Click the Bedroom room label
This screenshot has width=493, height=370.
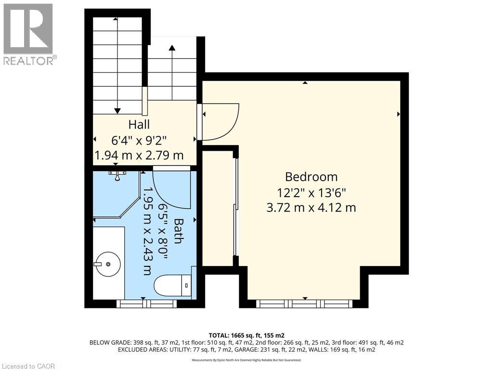click(x=311, y=176)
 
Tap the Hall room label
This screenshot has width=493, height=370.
click(x=139, y=124)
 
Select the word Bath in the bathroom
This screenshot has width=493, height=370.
click(x=178, y=231)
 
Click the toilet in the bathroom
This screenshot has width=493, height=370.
click(x=173, y=286)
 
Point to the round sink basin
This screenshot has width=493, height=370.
click(x=108, y=264)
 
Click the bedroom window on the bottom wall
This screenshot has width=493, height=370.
click(x=304, y=304)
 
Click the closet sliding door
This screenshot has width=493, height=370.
click(x=235, y=207)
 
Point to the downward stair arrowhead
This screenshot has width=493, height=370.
click(x=117, y=111)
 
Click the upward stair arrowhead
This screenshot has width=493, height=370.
click(x=172, y=47)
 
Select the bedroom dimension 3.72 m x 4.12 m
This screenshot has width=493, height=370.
click(x=311, y=208)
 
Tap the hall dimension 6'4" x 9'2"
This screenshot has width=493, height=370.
click(x=139, y=140)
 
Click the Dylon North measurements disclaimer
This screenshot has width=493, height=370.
click(x=246, y=360)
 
